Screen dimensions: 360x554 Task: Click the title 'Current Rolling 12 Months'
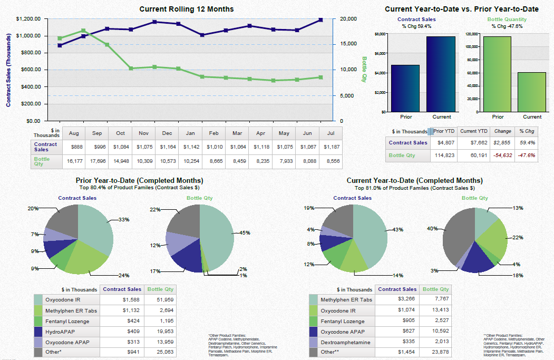[187, 9]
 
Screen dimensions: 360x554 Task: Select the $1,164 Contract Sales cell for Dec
[167, 147]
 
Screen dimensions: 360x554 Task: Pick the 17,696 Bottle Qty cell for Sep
[97, 161]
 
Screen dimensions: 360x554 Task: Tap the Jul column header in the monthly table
[330, 133]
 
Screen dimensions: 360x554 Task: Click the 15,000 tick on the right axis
[348, 44]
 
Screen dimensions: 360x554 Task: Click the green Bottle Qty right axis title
[364, 70]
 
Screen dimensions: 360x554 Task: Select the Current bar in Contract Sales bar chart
[441, 74]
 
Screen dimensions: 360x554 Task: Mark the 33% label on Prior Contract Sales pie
[124, 219]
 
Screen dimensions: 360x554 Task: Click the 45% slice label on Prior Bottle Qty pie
[245, 232]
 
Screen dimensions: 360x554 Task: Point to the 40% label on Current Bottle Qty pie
[432, 228]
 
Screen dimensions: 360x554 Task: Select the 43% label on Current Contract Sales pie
[397, 229]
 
